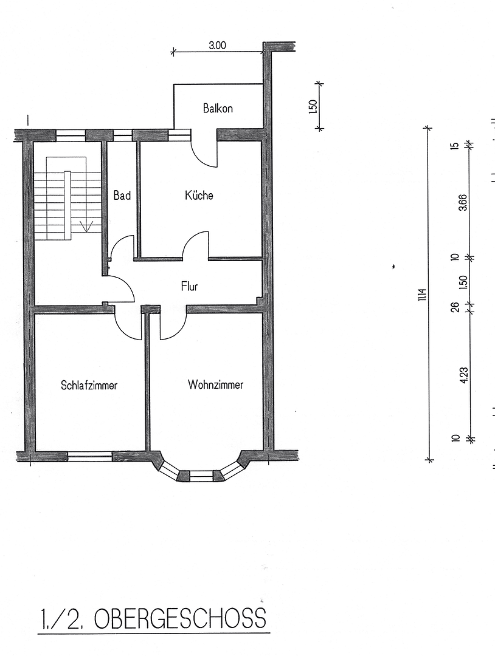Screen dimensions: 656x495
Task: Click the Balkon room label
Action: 218,109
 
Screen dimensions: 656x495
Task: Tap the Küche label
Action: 199,196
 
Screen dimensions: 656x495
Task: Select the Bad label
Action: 122,196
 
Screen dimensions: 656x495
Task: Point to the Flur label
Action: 189,286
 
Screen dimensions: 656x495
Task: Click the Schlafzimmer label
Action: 89,385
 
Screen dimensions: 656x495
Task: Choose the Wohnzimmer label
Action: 215,384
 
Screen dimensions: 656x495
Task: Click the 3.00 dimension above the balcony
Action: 217,45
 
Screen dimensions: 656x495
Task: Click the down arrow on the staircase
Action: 87,227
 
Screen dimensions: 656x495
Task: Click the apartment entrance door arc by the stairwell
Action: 122,289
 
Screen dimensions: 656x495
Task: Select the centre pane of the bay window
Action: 201,475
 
